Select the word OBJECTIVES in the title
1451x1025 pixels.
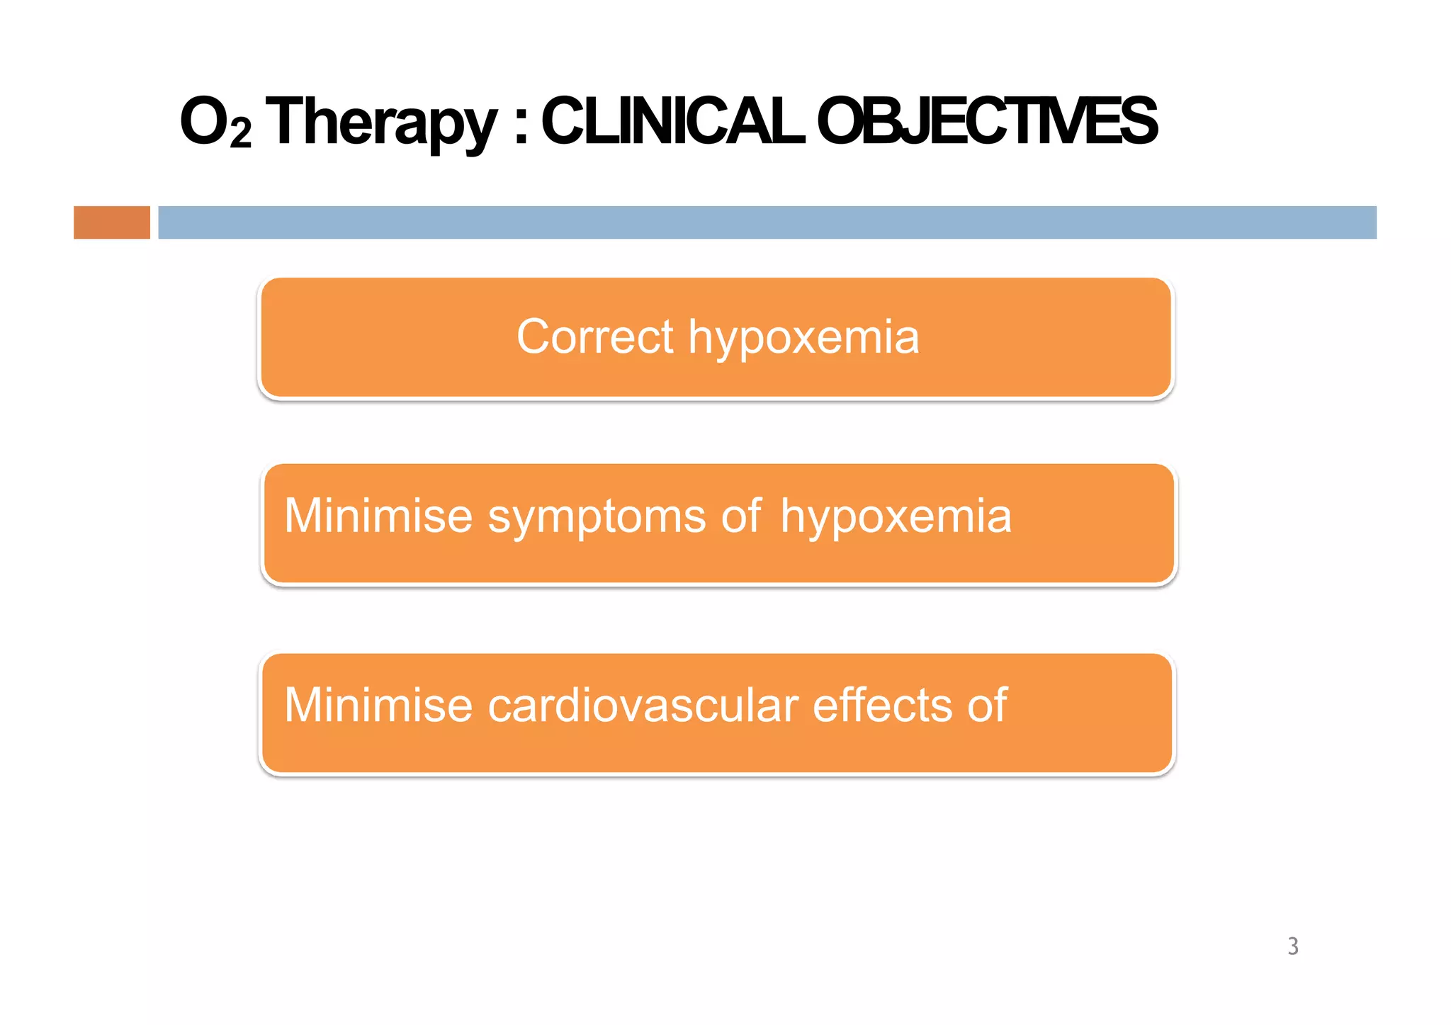[986, 122]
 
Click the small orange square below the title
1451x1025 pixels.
[112, 222]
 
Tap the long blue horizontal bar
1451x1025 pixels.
[767, 222]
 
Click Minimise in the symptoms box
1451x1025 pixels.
[378, 516]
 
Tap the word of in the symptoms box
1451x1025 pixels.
[741, 516]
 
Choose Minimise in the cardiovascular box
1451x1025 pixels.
[378, 706]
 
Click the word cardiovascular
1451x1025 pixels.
[643, 706]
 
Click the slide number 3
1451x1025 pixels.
[1293, 946]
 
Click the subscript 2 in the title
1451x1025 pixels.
[241, 133]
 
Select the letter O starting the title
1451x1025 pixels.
[203, 122]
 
